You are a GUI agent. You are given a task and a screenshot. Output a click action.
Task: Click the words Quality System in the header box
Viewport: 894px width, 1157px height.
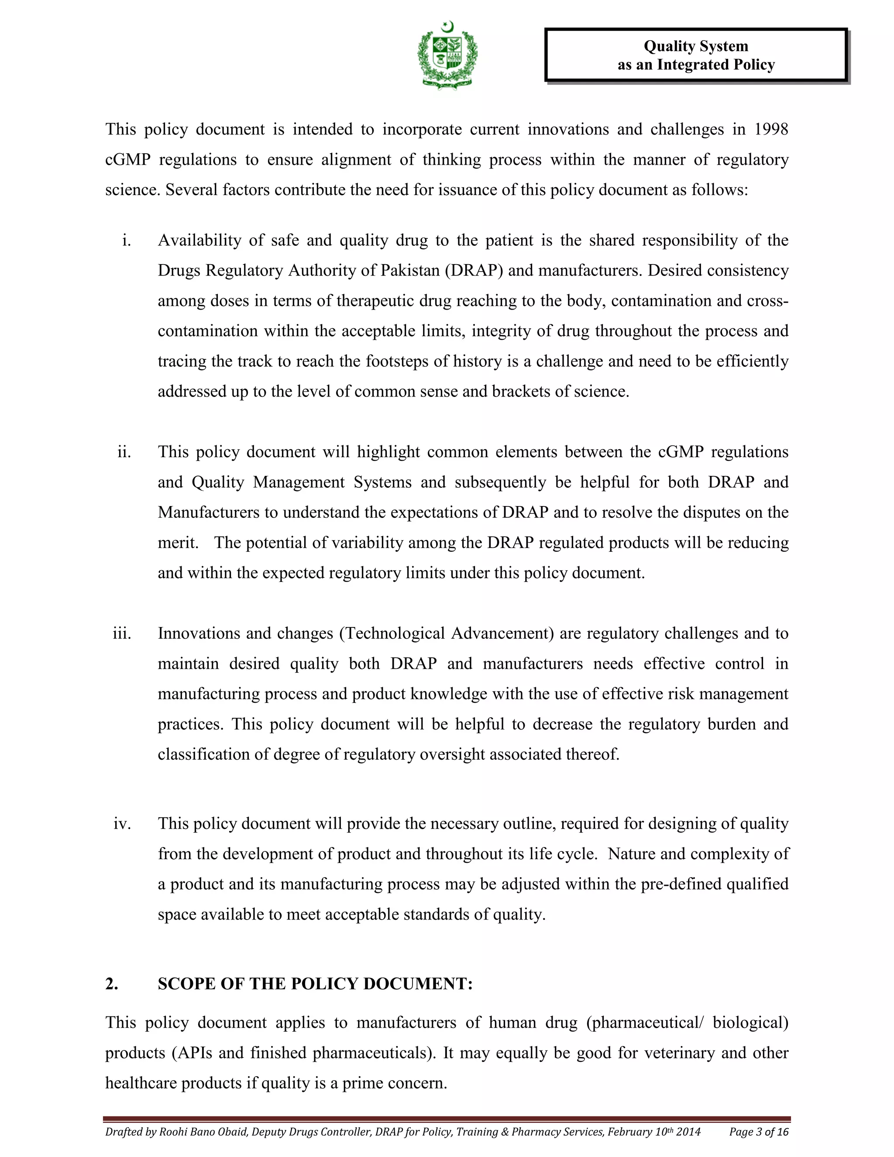pyautogui.click(x=695, y=46)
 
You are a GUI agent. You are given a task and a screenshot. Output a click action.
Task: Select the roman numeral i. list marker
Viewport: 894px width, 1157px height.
pyautogui.click(x=126, y=241)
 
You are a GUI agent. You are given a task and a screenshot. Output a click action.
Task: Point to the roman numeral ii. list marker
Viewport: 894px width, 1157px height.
pyautogui.click(x=124, y=452)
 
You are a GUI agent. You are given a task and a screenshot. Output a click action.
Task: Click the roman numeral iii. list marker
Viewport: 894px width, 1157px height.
pyautogui.click(x=122, y=634)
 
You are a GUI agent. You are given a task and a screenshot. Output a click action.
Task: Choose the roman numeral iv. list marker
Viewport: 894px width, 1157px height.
pyautogui.click(x=122, y=824)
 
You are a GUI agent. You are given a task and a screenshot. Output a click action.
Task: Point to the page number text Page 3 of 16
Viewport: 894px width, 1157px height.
pyautogui.click(x=758, y=1132)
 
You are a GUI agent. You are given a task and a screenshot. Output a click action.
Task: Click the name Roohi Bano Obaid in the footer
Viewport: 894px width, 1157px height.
pyautogui.click(x=203, y=1132)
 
